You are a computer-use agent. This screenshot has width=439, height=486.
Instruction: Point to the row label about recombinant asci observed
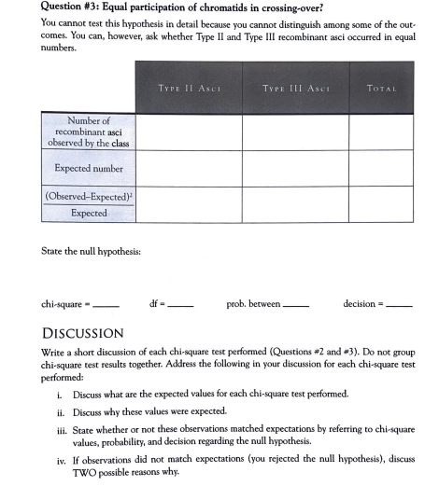[x=89, y=131]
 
